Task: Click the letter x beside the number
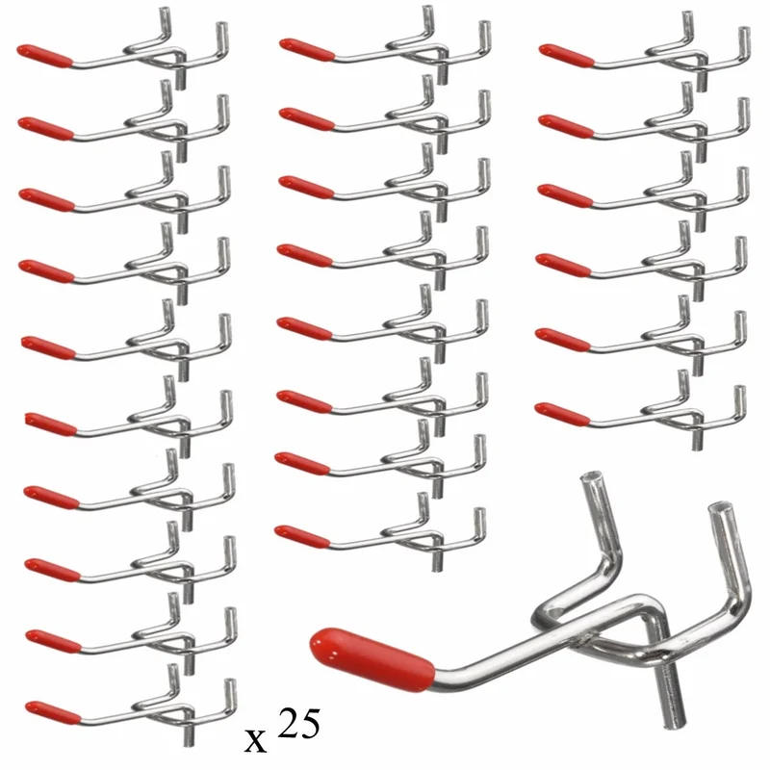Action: click(x=255, y=740)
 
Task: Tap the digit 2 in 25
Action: click(x=288, y=723)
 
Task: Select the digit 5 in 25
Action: click(x=310, y=723)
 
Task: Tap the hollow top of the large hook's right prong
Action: click(x=719, y=508)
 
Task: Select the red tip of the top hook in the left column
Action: click(x=44, y=56)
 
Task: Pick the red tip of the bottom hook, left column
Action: click(x=53, y=712)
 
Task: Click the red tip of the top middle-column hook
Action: click(x=307, y=50)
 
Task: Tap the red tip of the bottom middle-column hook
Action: click(x=302, y=536)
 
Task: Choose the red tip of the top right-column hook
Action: click(x=567, y=55)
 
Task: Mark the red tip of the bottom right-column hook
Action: click(x=562, y=413)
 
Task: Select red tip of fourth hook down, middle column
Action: click(x=304, y=255)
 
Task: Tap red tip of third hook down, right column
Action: click(x=565, y=195)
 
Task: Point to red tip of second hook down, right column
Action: click(x=566, y=125)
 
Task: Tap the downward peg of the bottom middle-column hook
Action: click(x=436, y=561)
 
